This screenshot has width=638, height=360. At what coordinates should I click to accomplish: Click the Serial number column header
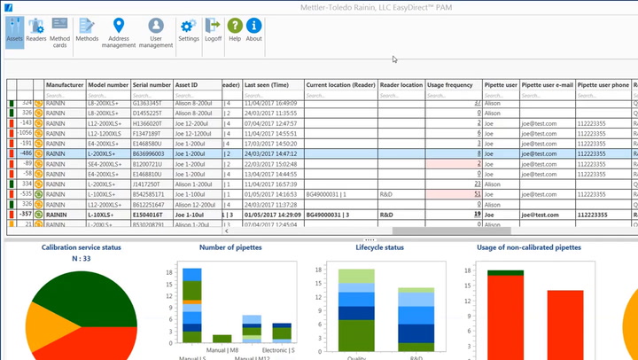point(152,85)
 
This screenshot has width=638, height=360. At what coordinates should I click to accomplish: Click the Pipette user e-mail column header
point(546,85)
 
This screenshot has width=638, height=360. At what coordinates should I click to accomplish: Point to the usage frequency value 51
point(477,193)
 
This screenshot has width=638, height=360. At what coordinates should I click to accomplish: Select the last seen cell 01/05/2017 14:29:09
point(271,214)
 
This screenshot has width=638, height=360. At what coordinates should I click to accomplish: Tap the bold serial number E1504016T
point(151,214)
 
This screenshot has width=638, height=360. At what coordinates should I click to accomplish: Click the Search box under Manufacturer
point(64,95)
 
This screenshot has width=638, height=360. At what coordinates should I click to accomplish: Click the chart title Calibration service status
point(82,247)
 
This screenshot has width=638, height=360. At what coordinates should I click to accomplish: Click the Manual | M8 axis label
point(222,347)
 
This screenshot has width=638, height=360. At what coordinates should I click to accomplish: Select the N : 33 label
point(82,258)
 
